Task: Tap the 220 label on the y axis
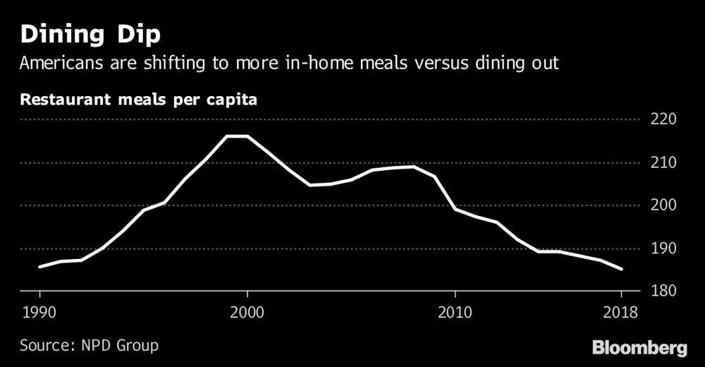coord(663,119)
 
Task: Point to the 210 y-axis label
coord(663,162)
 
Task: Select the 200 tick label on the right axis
coord(663,205)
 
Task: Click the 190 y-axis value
coord(663,248)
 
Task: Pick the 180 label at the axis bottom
coord(663,291)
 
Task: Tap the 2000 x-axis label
coord(247,311)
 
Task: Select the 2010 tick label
coord(455,311)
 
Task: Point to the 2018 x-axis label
coord(621,311)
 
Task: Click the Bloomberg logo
coord(639,348)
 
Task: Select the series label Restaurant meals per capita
coord(138,99)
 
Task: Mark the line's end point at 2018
coord(622,269)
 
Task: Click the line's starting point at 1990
coord(39,267)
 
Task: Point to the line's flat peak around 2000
coord(237,136)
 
